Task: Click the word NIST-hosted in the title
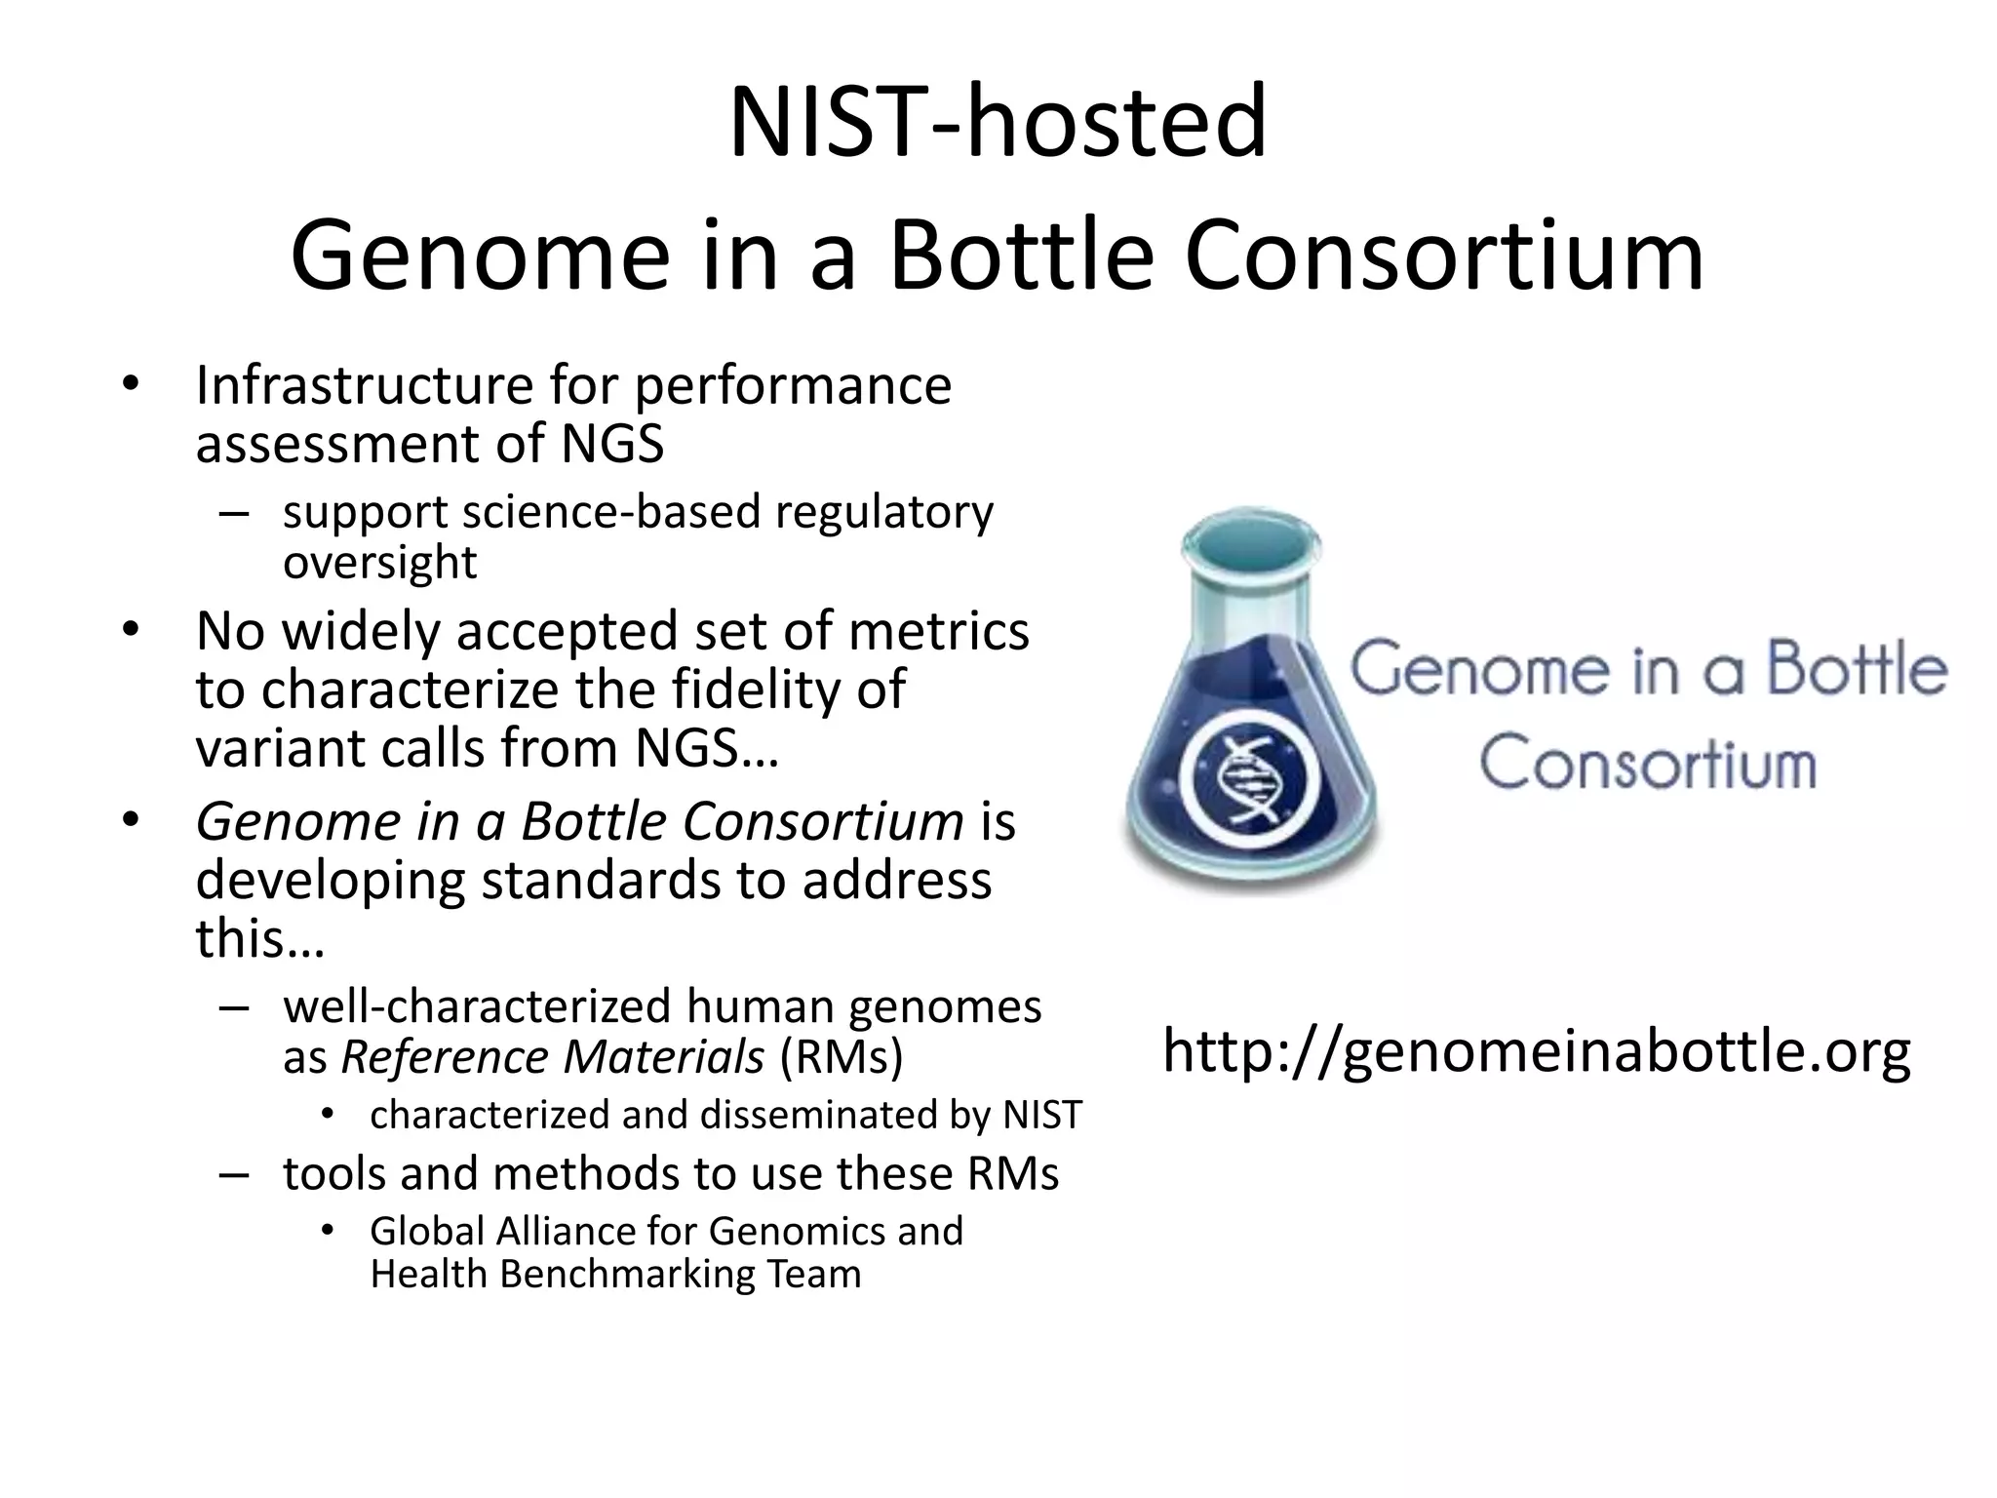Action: coord(998,123)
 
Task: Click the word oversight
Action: coord(379,563)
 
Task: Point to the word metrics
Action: coord(938,631)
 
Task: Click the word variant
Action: coord(280,749)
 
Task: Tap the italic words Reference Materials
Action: coord(552,1057)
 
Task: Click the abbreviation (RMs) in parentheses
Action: coord(842,1057)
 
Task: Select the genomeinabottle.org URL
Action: coord(1536,1051)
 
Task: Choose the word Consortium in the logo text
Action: coord(1647,763)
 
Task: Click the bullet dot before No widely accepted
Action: coord(131,629)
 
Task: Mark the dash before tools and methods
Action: coord(234,1174)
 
